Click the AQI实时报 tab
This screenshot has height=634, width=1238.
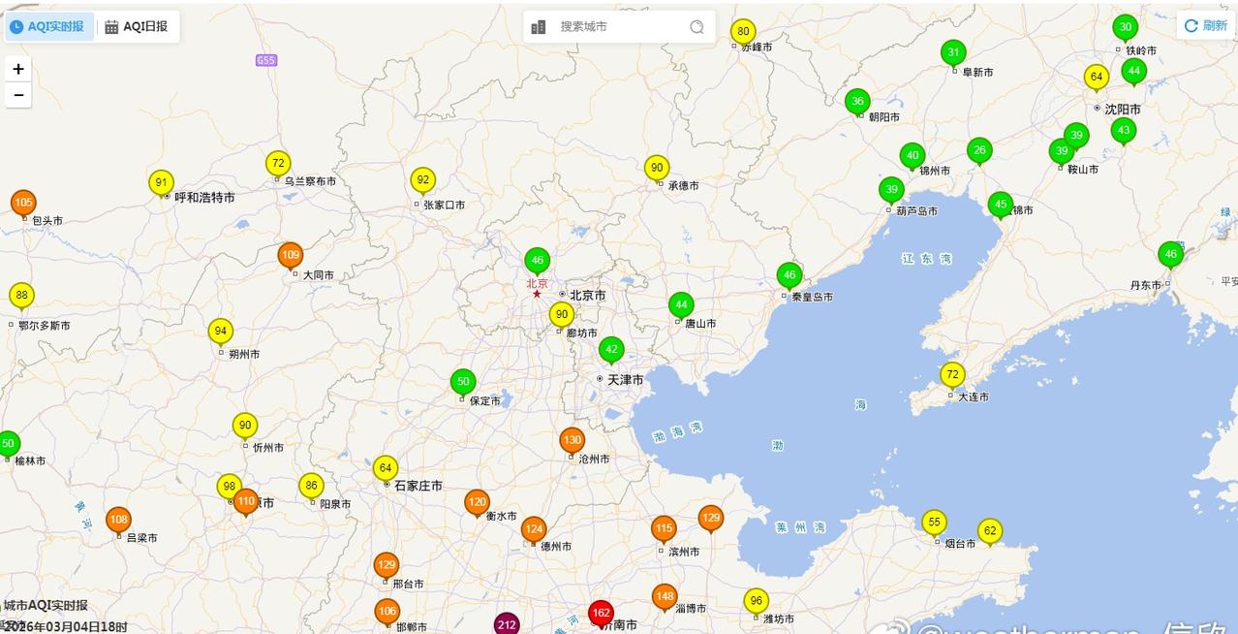48,26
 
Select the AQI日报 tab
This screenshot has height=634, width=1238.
137,26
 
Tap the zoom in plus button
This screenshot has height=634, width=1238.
18,69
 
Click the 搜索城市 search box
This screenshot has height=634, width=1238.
620,27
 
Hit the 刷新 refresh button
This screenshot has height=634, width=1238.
1206,26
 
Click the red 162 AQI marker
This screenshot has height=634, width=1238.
601,613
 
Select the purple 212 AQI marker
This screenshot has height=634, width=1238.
507,624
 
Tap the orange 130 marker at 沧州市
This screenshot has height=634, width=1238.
573,440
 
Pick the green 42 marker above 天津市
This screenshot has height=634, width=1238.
611,349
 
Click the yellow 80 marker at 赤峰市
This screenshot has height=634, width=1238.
743,31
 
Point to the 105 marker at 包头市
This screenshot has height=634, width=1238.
24,202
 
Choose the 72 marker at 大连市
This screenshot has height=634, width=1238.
953,374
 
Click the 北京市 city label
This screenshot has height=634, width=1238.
587,296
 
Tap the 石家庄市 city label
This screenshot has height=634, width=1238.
418,486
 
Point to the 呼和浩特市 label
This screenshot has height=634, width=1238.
204,198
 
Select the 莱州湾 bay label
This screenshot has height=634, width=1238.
800,527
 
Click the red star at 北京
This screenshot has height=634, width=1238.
537,294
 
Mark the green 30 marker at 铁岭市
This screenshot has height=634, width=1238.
1125,27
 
